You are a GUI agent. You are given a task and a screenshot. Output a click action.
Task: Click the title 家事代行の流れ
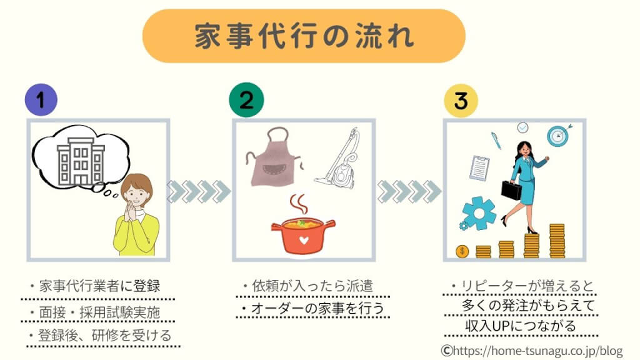pyautogui.click(x=304, y=36)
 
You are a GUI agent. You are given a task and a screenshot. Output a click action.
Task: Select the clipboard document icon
pyautogui.click(x=480, y=166)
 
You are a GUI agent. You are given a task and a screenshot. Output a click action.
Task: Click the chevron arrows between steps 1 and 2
pyautogui.click(x=199, y=191)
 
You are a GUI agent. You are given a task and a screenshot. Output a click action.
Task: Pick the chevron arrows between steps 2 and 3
pyautogui.click(x=409, y=191)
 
